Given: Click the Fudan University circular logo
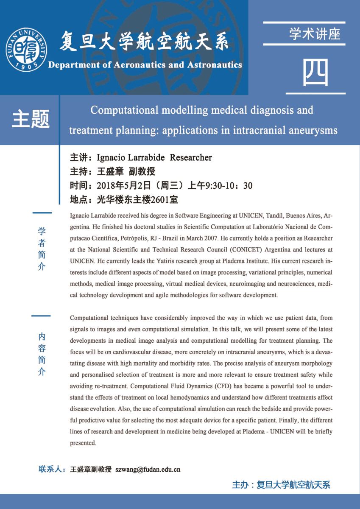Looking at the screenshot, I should tap(26, 50).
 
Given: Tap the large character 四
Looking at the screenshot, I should tap(315, 73).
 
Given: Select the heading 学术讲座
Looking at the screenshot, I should tap(315, 34).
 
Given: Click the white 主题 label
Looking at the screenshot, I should tap(31, 119).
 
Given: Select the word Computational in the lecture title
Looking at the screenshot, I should tap(125, 110).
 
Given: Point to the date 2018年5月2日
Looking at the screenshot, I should tap(122, 185).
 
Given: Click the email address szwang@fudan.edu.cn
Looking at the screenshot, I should tap(148, 470).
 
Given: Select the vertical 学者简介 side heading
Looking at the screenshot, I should tap(42, 249).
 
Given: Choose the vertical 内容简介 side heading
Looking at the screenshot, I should tap(42, 354).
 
